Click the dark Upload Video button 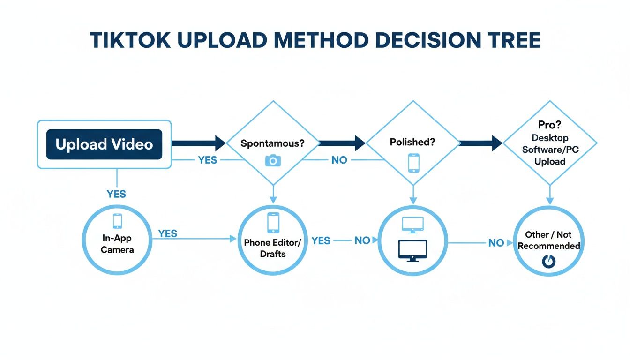pos(104,144)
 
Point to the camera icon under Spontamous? pos(273,161)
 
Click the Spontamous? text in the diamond pos(272,143)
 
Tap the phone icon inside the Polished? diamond pos(413,162)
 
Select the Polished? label pos(412,142)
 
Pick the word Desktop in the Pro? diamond pos(550,138)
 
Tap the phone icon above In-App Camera pos(117,221)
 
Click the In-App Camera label pos(117,244)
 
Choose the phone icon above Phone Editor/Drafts pos(273,223)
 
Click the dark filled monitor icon pos(412,250)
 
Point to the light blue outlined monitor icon pos(412,225)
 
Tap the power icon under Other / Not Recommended pos(548,262)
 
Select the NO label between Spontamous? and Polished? pos(339,160)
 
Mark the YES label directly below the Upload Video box pos(116,194)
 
